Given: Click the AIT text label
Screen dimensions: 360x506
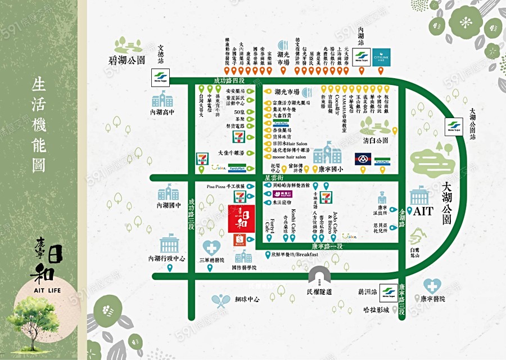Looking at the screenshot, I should pos(424,213).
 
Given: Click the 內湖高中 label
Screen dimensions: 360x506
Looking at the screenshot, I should pos(164,112).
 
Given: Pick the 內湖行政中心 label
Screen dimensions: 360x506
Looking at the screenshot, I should pos(167,259).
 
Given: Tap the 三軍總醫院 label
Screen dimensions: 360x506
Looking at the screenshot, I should pos(212,261).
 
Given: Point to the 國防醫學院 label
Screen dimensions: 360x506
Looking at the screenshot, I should pos(243,268).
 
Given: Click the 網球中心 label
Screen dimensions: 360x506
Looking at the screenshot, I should pos(247,299).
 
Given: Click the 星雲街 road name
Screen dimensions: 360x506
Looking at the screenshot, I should pos(274,178).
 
